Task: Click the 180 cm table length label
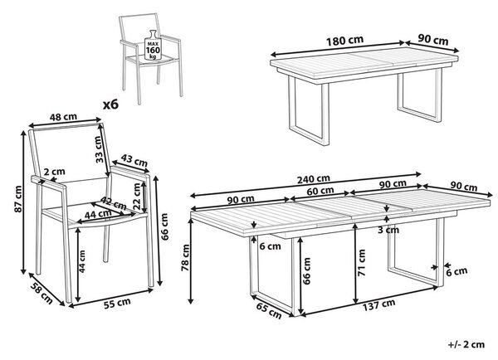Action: pos(344,41)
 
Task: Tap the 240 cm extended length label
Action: pos(314,179)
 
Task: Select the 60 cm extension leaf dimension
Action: pos(320,191)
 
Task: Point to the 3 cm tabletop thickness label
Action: pos(388,230)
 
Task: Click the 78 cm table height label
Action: pos(185,258)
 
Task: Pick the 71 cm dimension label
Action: pos(361,263)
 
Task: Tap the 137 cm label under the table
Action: pos(379,304)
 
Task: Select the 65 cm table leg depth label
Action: pos(269,311)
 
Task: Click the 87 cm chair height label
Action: pos(17,199)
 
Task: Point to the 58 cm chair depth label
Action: pos(41,293)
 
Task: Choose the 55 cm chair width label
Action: pos(117,303)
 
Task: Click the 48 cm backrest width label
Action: pos(63,117)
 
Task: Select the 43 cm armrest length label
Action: pos(134,160)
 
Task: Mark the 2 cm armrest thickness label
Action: pos(54,172)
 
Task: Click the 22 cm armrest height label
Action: pos(137,197)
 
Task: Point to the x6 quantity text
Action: pos(110,105)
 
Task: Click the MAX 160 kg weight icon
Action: pos(153,45)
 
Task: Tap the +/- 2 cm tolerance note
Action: pos(466,344)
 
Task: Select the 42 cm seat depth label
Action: pos(114,202)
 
